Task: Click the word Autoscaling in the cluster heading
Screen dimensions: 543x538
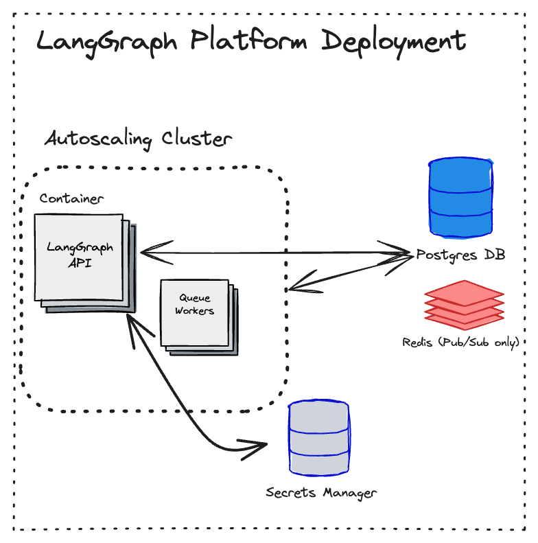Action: click(x=98, y=139)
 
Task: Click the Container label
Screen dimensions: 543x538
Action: click(x=71, y=199)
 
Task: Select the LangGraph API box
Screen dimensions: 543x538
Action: click(x=80, y=257)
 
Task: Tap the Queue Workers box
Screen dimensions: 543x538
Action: click(x=194, y=312)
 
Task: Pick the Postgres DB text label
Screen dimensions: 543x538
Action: click(x=460, y=255)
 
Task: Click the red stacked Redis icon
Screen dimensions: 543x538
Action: click(x=465, y=302)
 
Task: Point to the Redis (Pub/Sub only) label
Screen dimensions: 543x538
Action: click(x=460, y=342)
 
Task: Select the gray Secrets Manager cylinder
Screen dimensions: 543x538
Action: click(x=318, y=439)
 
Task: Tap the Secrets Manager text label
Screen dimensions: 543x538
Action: click(x=321, y=493)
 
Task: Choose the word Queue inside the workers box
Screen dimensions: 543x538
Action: click(x=195, y=299)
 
